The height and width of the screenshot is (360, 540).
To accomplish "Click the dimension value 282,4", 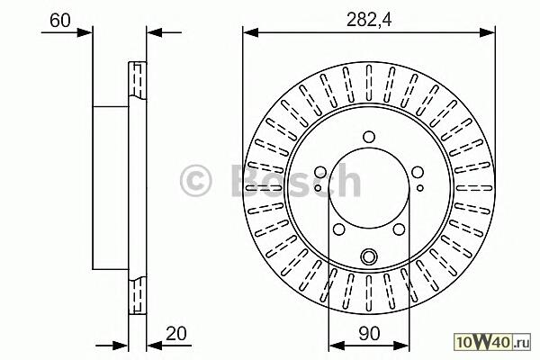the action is coord(369,20).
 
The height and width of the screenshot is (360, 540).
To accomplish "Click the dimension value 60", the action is coord(60,21).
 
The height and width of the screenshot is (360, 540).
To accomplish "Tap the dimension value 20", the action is coord(176,334).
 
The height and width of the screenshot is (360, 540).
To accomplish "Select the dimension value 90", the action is coord(369,334).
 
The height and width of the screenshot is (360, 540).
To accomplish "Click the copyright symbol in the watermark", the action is coord(195,181).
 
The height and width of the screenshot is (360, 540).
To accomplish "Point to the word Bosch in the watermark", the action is coord(296,180).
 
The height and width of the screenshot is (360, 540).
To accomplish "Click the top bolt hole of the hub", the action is coord(369,137).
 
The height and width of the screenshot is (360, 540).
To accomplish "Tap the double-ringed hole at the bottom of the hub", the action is coord(369,256).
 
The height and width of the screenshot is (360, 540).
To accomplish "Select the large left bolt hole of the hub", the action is coord(320,172).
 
